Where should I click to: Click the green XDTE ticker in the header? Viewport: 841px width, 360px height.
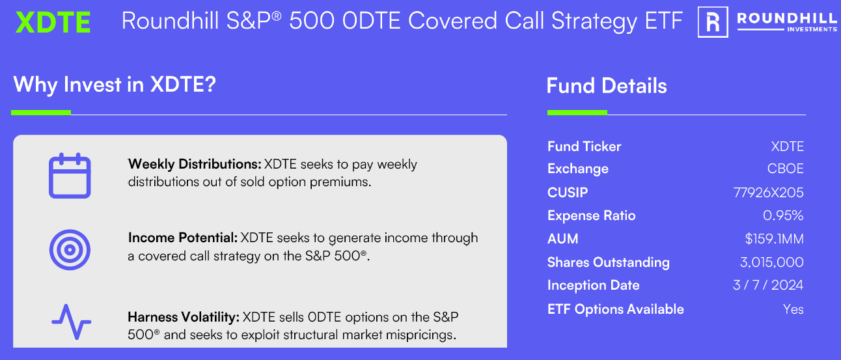pos(53,23)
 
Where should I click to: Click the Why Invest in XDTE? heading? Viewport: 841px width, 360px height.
pos(114,85)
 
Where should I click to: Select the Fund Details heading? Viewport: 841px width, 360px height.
pos(607,86)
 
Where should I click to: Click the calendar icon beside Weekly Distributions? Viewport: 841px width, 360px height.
pos(70,175)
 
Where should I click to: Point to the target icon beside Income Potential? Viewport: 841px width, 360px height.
pos(70,249)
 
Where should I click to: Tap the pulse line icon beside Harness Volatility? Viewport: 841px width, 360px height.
pos(71,322)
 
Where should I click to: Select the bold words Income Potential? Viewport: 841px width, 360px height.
pos(184,238)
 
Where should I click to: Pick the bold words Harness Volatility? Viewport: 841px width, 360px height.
pos(184,318)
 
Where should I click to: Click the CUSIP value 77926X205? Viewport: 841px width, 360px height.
pos(768,193)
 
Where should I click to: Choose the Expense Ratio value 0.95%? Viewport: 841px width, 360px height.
pos(783,215)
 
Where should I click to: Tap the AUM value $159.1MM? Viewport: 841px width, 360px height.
pos(774,239)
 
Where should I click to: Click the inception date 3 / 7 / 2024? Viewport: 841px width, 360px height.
pos(768,285)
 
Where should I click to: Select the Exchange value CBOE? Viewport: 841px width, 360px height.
pos(785,169)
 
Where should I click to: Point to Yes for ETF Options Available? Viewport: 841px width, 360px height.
pos(793,309)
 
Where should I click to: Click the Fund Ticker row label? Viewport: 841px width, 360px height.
pos(584,146)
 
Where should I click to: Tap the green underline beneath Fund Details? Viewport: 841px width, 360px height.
pos(577,113)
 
